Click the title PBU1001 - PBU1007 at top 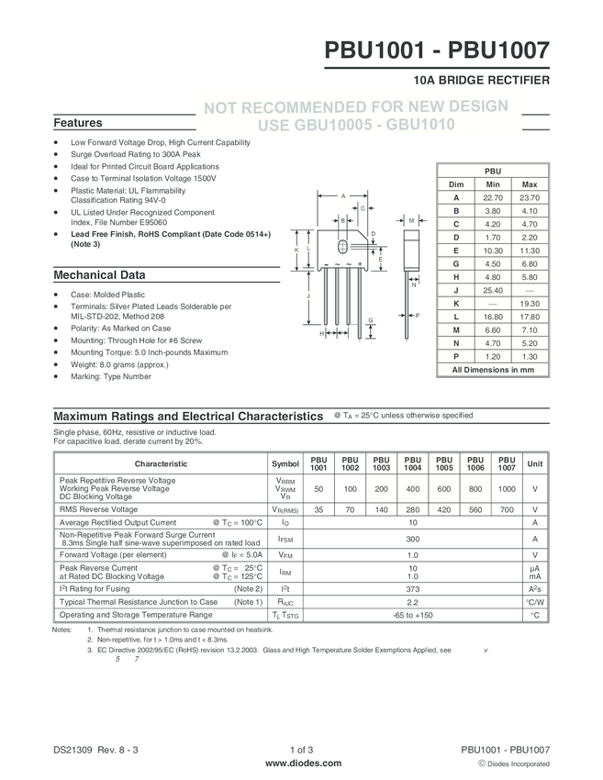coord(437,50)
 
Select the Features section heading coord(78,123)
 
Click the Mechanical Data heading coord(99,274)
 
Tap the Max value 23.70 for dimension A coord(529,197)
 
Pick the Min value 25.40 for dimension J coord(492,290)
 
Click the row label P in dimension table coord(455,355)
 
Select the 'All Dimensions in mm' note coord(493,369)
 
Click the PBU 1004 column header coord(412,463)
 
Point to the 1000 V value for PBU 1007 coord(507,489)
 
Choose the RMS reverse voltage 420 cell coord(444,509)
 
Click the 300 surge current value coord(412,540)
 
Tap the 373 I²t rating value coord(412,588)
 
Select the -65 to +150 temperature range coord(412,615)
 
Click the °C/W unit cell coord(534,602)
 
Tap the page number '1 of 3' coord(301,750)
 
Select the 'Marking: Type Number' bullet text coord(111,376)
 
